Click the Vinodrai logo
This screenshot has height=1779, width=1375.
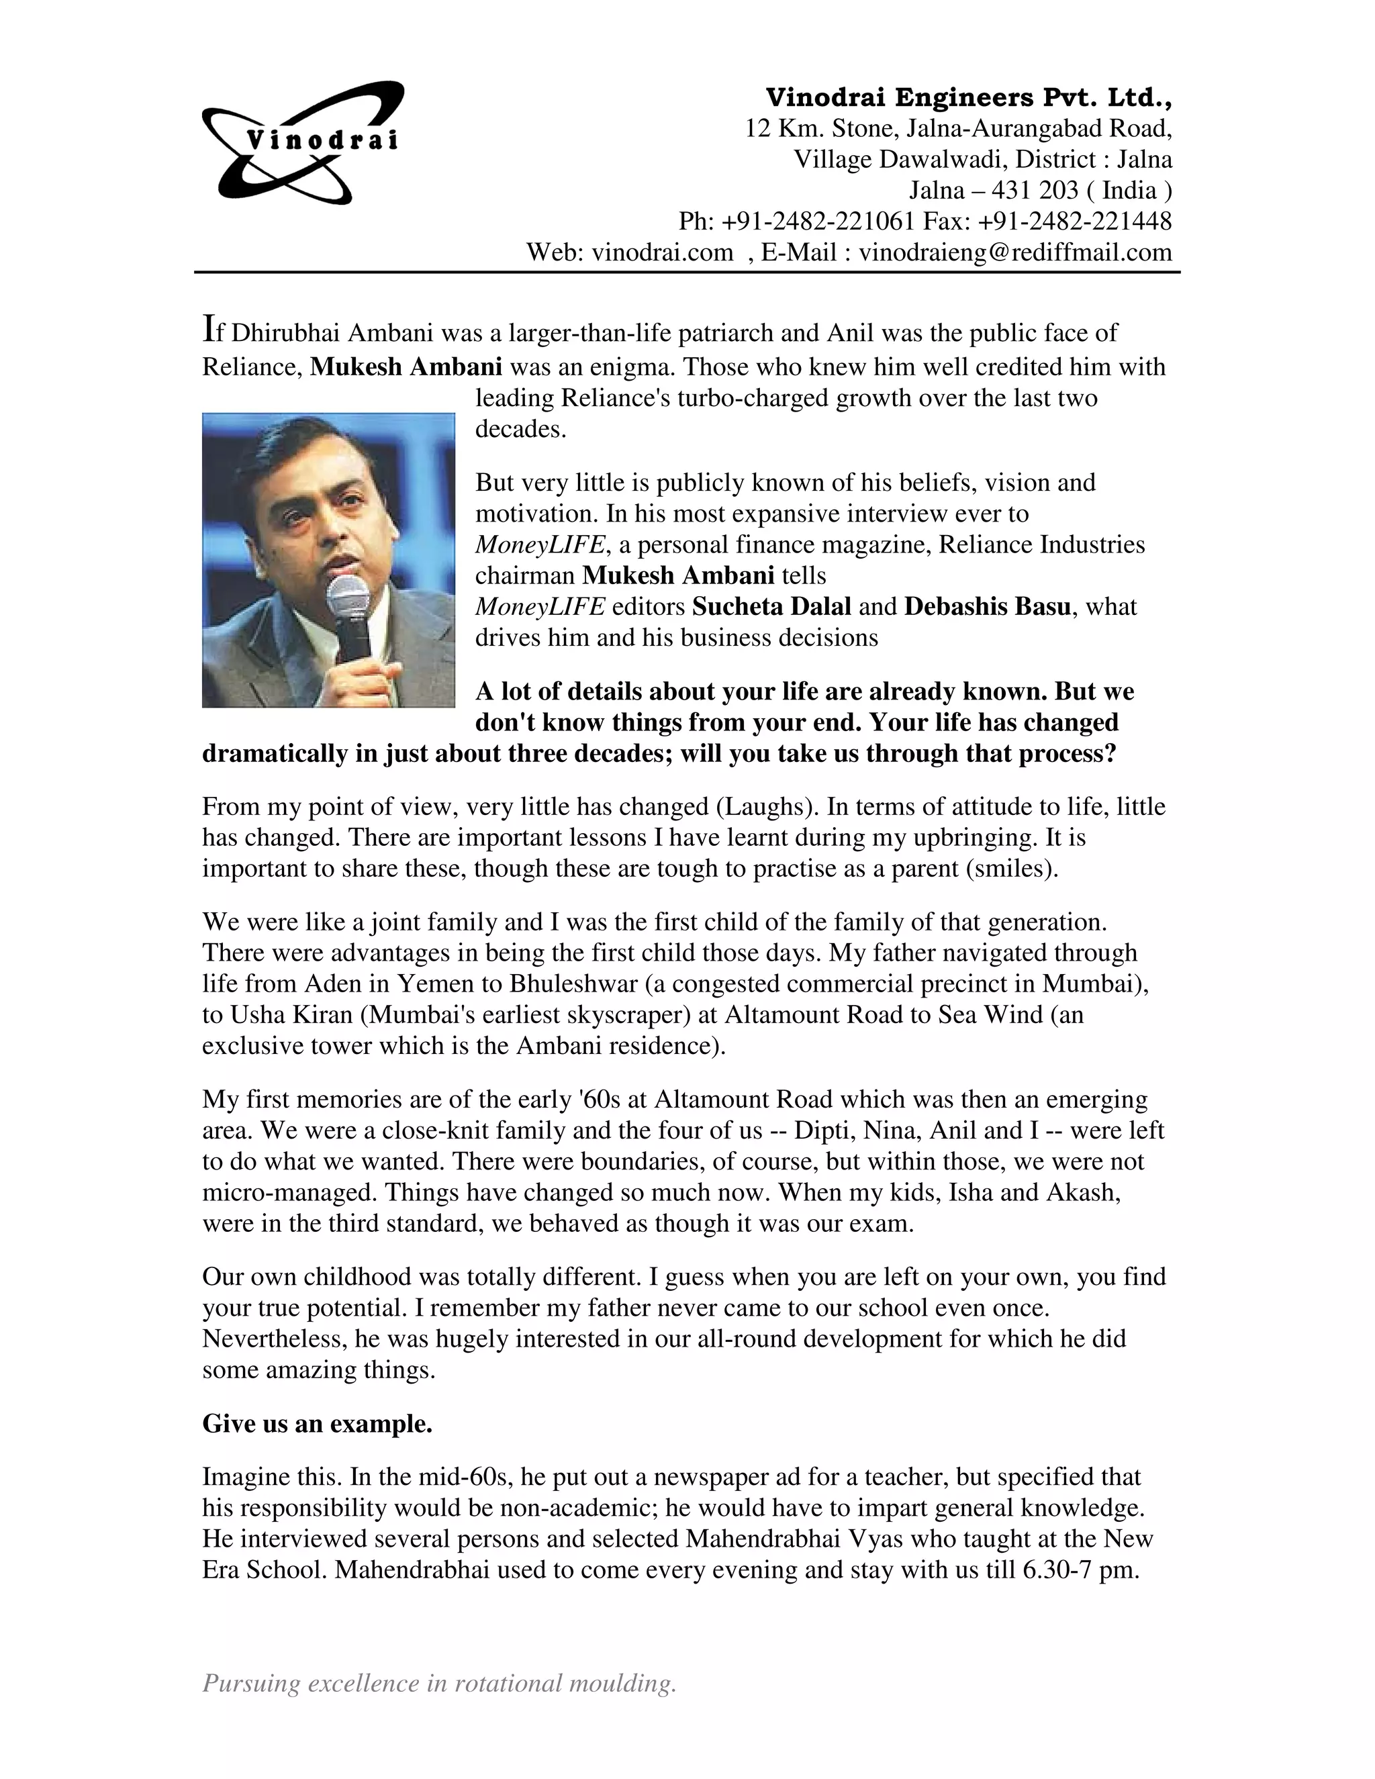[302, 142]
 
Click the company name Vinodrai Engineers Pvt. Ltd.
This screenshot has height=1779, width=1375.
[969, 98]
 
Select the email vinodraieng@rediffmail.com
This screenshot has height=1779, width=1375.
[1015, 252]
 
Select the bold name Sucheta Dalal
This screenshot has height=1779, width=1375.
[771, 607]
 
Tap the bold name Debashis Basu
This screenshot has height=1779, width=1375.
[986, 607]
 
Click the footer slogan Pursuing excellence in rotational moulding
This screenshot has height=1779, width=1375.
[439, 1682]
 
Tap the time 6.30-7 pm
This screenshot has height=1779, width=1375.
[1080, 1570]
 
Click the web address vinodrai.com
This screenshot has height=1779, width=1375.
[662, 252]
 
